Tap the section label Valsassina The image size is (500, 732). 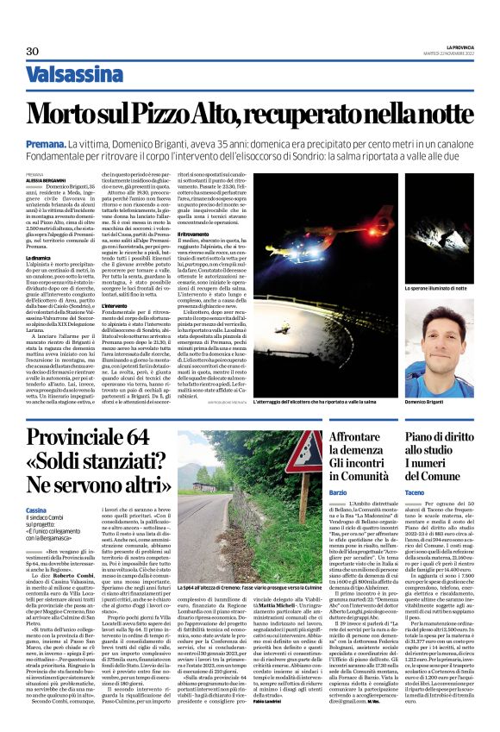click(x=73, y=74)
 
